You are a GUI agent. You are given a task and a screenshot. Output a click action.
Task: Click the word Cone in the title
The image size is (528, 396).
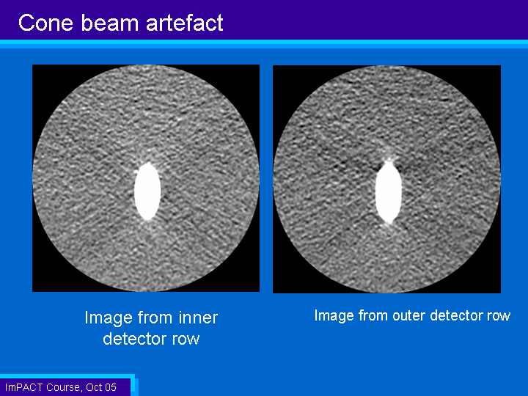(x=45, y=23)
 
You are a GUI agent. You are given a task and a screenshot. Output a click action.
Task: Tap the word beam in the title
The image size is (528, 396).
(x=109, y=23)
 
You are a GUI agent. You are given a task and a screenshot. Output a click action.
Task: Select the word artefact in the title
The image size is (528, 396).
(x=185, y=23)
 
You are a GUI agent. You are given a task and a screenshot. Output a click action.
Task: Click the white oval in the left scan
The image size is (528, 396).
(x=147, y=191)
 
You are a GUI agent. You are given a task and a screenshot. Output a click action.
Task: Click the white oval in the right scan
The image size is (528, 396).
(x=389, y=193)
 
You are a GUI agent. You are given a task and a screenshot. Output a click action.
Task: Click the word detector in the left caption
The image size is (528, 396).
(x=136, y=339)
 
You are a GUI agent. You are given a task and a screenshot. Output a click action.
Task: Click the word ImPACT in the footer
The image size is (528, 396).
(x=24, y=387)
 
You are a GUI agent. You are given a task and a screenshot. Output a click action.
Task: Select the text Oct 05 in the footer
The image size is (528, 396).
(x=101, y=387)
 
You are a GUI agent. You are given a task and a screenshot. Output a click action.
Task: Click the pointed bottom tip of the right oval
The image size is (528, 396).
(x=389, y=223)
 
